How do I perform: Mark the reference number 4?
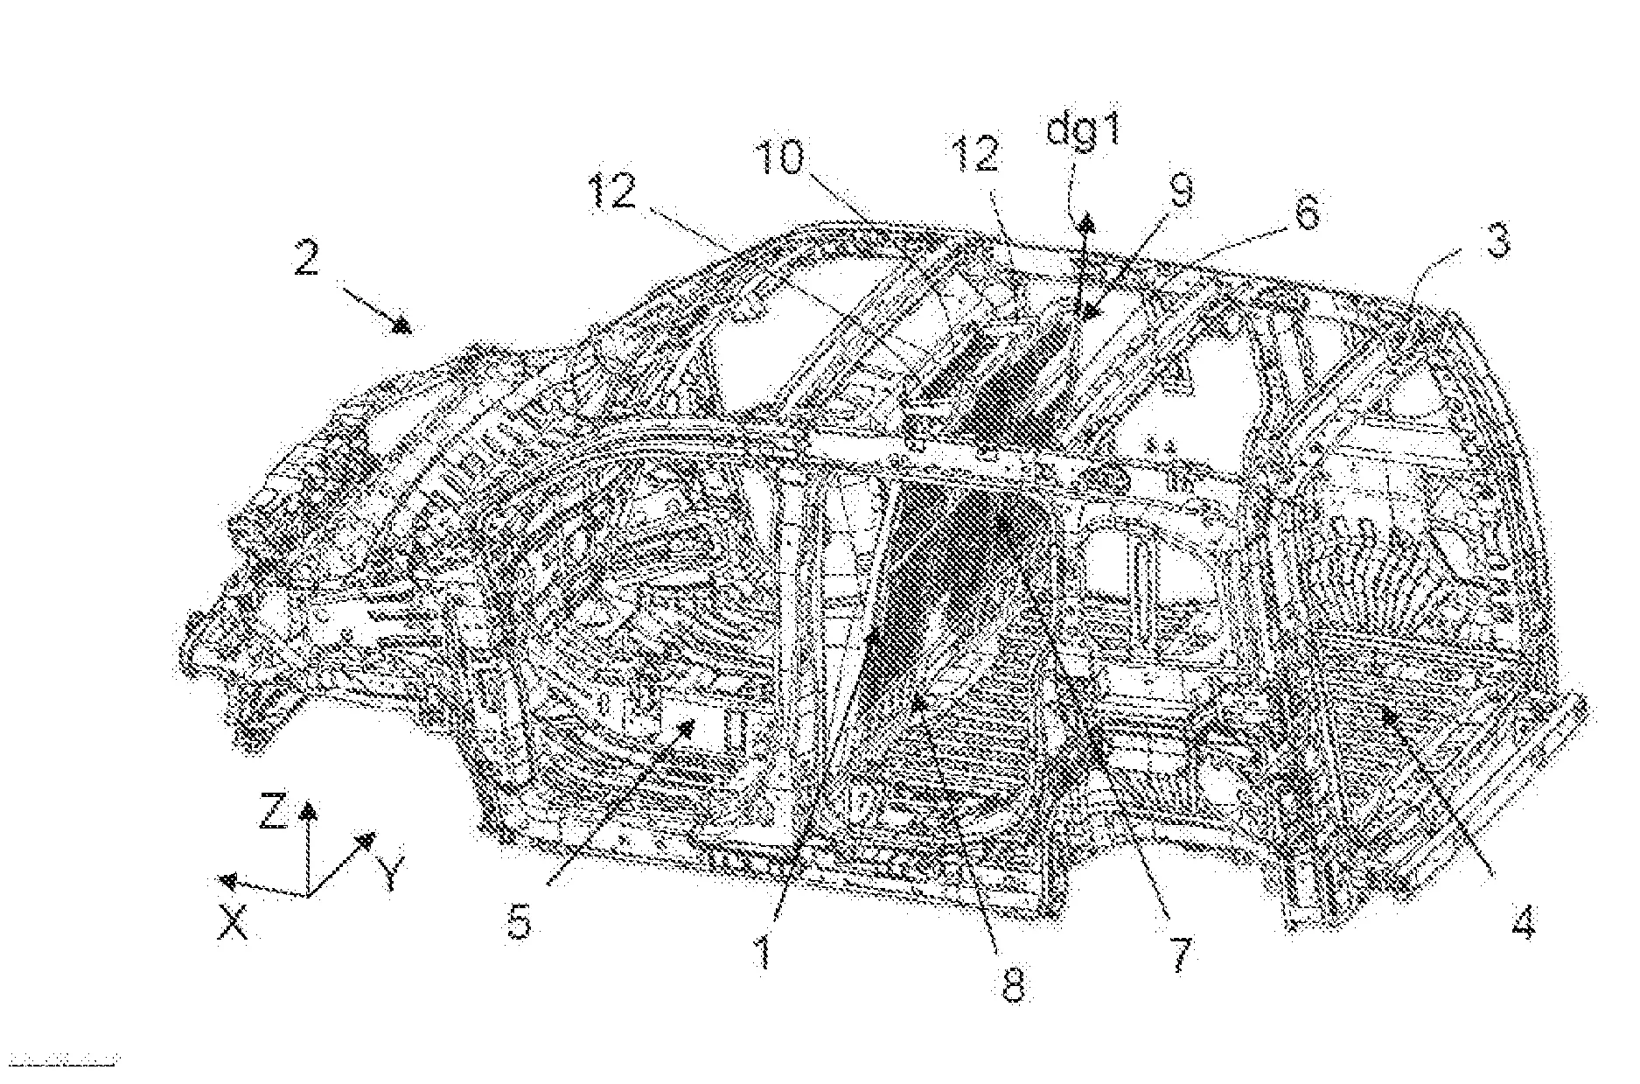pyautogui.click(x=1523, y=921)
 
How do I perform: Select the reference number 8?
pyautogui.click(x=1012, y=985)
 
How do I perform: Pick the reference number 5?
pyautogui.click(x=520, y=921)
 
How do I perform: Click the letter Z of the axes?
pyautogui.click(x=274, y=812)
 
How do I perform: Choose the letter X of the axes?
pyautogui.click(x=234, y=921)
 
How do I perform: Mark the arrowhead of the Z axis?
pyautogui.click(x=307, y=808)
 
